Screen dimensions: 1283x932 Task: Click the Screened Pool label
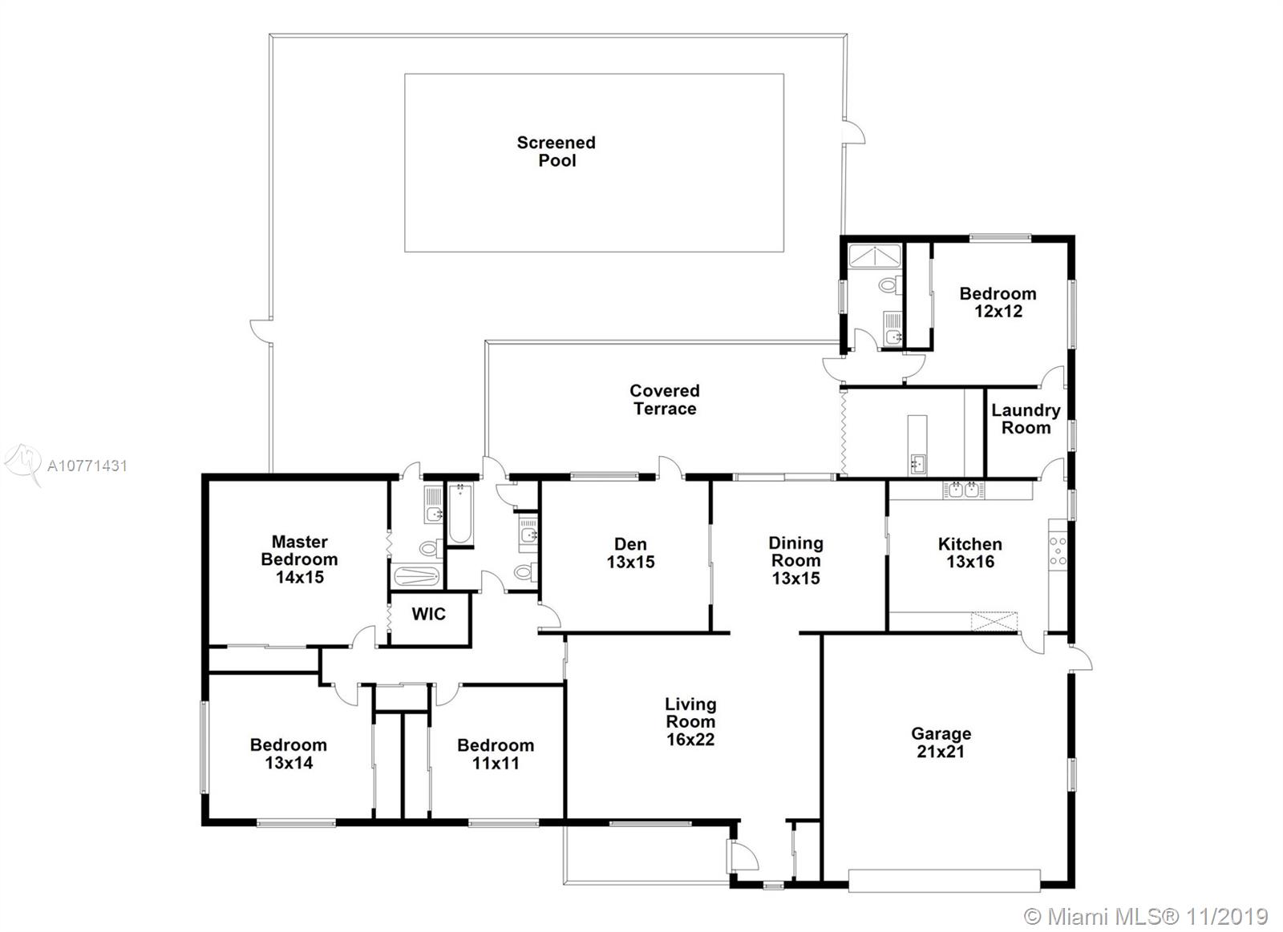(557, 151)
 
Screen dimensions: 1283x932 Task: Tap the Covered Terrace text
(665, 400)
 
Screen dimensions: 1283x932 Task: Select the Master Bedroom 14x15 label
(299, 559)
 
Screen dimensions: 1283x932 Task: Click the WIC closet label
(428, 615)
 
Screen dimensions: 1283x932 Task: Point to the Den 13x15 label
(630, 553)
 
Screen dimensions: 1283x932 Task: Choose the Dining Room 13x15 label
(795, 560)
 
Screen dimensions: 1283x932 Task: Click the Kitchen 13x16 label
(970, 553)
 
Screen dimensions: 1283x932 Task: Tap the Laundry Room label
(1026, 419)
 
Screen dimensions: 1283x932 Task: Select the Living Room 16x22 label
(690, 722)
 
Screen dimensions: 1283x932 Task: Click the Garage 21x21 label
(941, 743)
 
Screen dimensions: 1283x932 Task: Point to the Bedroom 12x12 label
(998, 302)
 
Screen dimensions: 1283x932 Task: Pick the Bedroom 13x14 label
(289, 754)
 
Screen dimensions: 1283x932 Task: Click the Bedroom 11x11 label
(496, 755)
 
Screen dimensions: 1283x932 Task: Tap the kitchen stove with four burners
(1058, 551)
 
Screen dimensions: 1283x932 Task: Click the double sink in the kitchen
(964, 490)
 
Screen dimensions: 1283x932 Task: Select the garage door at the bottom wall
(944, 881)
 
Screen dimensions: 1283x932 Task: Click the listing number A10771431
(87, 466)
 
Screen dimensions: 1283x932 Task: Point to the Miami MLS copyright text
(1146, 917)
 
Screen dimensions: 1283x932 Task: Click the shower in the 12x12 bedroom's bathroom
(875, 256)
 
